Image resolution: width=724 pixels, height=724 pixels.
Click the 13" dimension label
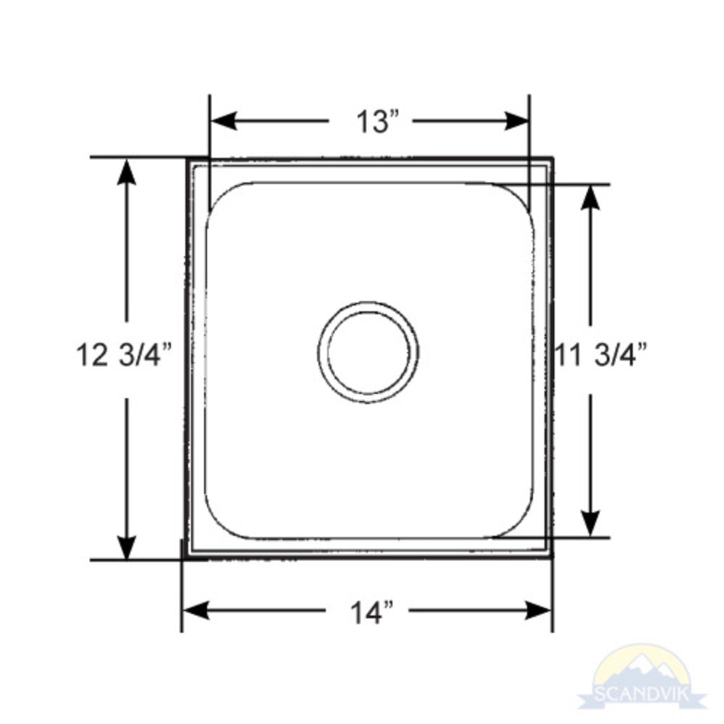pyautogui.click(x=377, y=121)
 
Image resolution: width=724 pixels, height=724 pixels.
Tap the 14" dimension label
pyautogui.click(x=372, y=612)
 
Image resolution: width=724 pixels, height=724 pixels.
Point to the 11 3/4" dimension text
pyautogui.click(x=601, y=355)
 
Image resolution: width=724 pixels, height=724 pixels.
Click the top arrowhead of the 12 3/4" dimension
pyautogui.click(x=127, y=171)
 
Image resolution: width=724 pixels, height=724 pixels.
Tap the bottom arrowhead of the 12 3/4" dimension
pyautogui.click(x=127, y=546)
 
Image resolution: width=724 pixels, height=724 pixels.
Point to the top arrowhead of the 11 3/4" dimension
pyautogui.click(x=591, y=198)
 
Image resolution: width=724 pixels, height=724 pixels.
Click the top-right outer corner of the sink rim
pyautogui.click(x=552, y=158)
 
